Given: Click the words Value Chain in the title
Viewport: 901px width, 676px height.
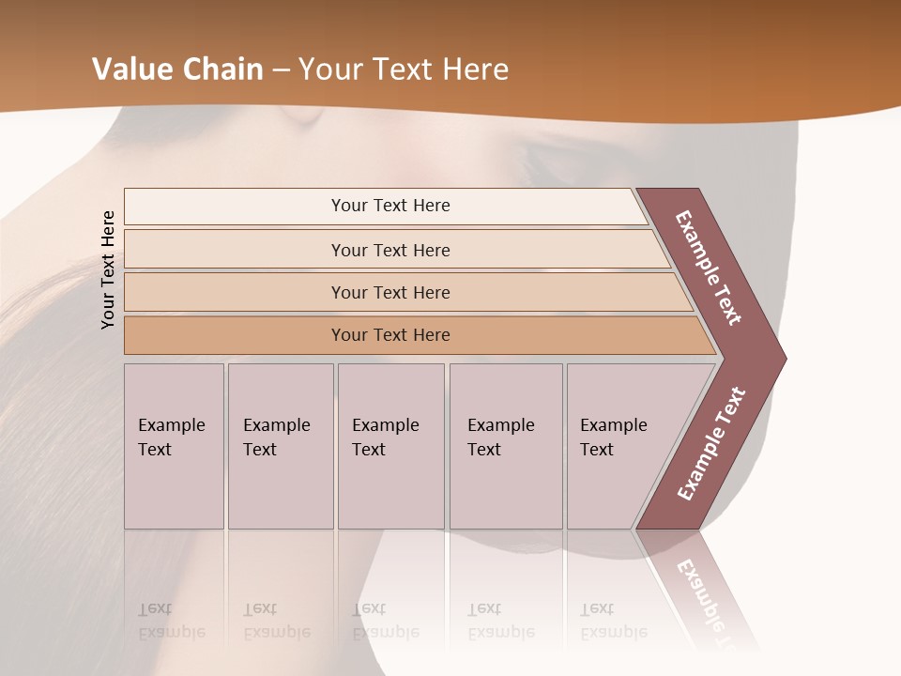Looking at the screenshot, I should pos(177,69).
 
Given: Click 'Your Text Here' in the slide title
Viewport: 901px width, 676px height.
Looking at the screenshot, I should pos(404,69).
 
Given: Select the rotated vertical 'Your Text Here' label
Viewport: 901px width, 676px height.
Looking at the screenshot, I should pos(109,269).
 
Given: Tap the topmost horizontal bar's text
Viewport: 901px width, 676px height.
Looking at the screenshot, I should pos(390,206).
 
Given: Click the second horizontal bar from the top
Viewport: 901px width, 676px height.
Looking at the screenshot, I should pos(390,250).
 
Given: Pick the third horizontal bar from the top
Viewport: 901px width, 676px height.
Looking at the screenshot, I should pos(390,292).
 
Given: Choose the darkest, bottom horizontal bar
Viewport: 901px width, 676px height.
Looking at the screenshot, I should pos(390,335).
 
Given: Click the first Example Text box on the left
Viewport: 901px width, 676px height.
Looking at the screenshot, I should pos(173,446).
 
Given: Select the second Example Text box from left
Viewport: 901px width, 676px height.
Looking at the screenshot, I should pos(280,446).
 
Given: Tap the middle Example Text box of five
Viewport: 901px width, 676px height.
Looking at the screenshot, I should pos(389,446).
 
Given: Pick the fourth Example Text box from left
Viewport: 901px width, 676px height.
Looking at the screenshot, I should pos(505,446).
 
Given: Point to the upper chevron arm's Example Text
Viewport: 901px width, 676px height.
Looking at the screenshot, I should pos(709,268).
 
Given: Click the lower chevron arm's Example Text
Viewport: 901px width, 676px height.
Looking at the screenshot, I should pos(710,444).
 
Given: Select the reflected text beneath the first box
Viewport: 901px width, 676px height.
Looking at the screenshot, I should pos(171,621).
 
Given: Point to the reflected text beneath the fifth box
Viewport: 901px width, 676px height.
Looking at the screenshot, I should pos(614,621).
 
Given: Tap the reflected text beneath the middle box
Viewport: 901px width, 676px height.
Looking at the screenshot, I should pos(386,621).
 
